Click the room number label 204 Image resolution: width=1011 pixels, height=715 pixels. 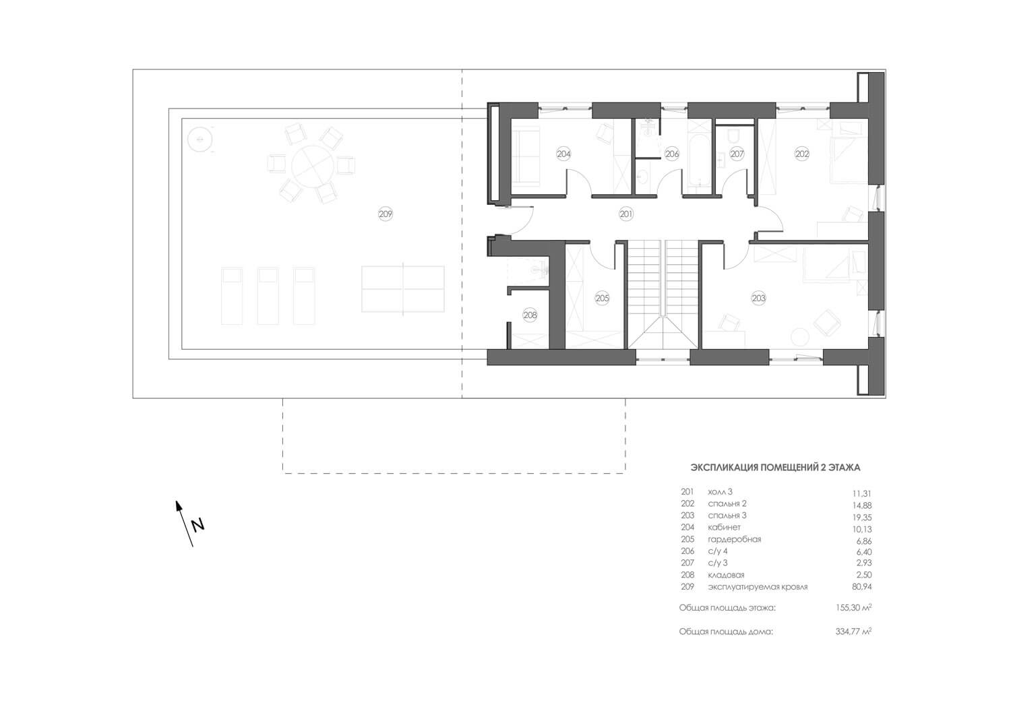(563, 154)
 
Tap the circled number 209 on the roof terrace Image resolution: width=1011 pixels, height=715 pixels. (386, 214)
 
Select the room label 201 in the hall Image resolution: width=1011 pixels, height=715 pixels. (626, 214)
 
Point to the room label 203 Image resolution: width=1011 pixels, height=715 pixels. (759, 298)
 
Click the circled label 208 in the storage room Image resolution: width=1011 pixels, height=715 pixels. (530, 315)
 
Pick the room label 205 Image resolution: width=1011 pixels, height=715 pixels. (602, 298)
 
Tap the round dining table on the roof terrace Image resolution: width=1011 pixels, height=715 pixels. (312, 166)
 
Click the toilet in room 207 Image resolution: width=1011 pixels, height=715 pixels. (733, 135)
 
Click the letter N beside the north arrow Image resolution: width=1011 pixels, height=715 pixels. (197, 526)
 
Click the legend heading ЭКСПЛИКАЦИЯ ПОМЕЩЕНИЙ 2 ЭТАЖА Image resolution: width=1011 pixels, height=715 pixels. (775, 468)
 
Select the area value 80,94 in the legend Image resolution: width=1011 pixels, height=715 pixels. (861, 587)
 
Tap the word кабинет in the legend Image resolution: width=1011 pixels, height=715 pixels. (724, 527)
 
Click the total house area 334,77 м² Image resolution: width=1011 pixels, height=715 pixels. (853, 631)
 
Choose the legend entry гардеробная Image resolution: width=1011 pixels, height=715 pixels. (735, 539)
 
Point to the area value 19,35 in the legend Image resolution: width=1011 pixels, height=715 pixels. (861, 518)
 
